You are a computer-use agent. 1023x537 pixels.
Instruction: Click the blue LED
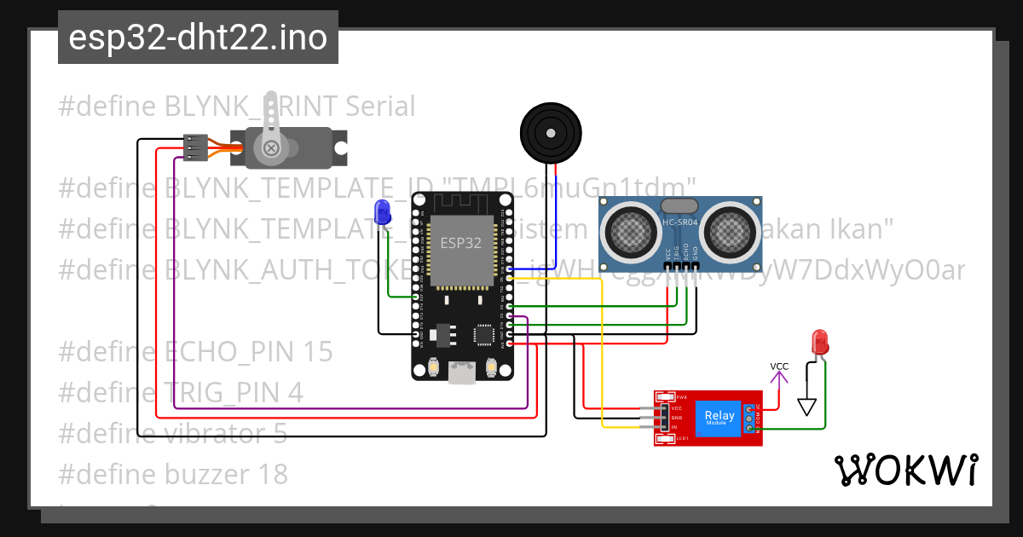381,211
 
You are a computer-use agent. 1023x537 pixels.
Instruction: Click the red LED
820,342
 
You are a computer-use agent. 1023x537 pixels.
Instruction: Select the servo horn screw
272,148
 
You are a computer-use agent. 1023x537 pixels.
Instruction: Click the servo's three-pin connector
196,147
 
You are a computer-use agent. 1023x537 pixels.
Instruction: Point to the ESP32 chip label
460,242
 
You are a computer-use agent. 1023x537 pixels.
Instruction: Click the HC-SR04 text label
679,224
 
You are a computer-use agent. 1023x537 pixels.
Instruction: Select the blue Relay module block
719,418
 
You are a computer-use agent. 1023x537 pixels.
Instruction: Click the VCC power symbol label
779,367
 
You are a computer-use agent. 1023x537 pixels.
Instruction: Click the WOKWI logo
905,470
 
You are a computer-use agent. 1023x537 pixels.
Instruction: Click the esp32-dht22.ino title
198,38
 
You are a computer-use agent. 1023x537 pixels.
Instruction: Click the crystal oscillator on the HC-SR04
679,205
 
